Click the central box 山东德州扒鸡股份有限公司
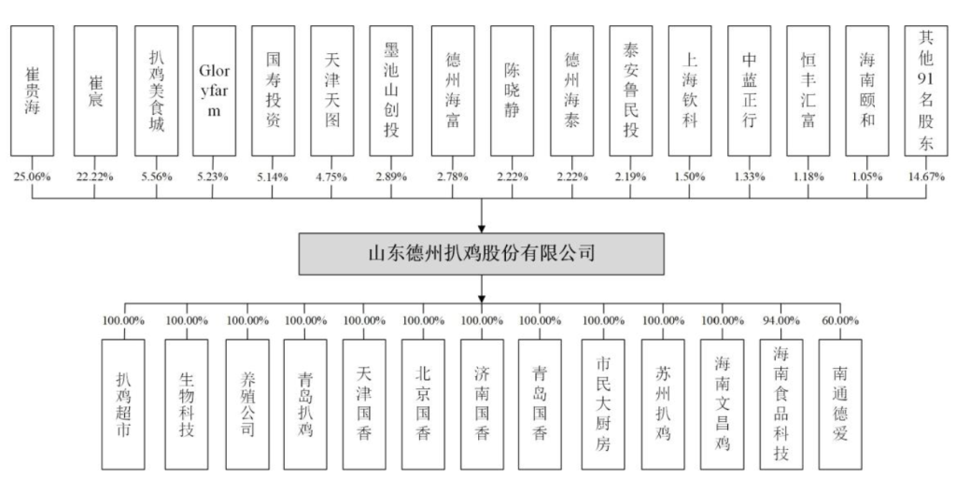(x=481, y=253)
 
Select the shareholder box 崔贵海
(x=33, y=90)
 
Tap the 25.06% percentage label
(x=33, y=176)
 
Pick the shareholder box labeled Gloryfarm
(x=214, y=90)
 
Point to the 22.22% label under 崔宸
(x=93, y=176)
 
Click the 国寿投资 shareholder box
(x=273, y=90)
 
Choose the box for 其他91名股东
(x=926, y=90)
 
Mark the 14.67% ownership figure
(x=926, y=176)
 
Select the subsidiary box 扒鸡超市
(x=125, y=404)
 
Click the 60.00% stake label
(x=840, y=320)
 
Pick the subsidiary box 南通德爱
(x=840, y=404)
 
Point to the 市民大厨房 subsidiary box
(x=603, y=404)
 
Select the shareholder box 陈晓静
(x=513, y=90)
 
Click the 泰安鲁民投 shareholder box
(x=631, y=90)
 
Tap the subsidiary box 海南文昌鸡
(x=722, y=404)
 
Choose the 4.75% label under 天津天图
(x=331, y=176)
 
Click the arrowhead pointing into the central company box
(x=482, y=226)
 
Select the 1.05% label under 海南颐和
(x=867, y=176)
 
